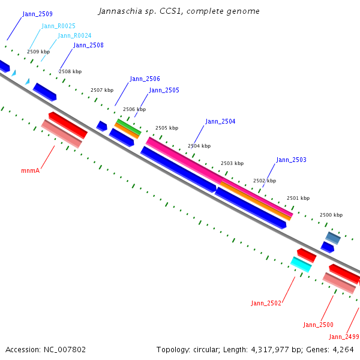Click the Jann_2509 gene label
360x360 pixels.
coord(37,14)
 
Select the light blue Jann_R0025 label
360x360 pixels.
coord(58,26)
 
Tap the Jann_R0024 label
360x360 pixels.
coord(74,35)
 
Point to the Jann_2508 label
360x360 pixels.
coord(88,45)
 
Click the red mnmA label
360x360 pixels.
coord(31,170)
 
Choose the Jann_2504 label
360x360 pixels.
coord(220,121)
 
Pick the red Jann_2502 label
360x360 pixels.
coord(266,303)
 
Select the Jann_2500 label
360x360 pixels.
coord(318,325)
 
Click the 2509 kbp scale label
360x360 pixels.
coord(38,52)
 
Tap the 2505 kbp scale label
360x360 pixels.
coord(167,128)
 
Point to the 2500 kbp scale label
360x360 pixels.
coord(331,215)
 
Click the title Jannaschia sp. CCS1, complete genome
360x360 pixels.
coord(179,11)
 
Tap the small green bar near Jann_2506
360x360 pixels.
coord(129,127)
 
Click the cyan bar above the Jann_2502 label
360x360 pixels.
coord(301,265)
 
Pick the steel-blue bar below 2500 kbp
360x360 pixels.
coord(333,238)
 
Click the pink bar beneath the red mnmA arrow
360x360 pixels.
coord(62,134)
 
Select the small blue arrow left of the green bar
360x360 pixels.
coord(102,126)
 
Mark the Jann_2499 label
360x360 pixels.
coord(344,337)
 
